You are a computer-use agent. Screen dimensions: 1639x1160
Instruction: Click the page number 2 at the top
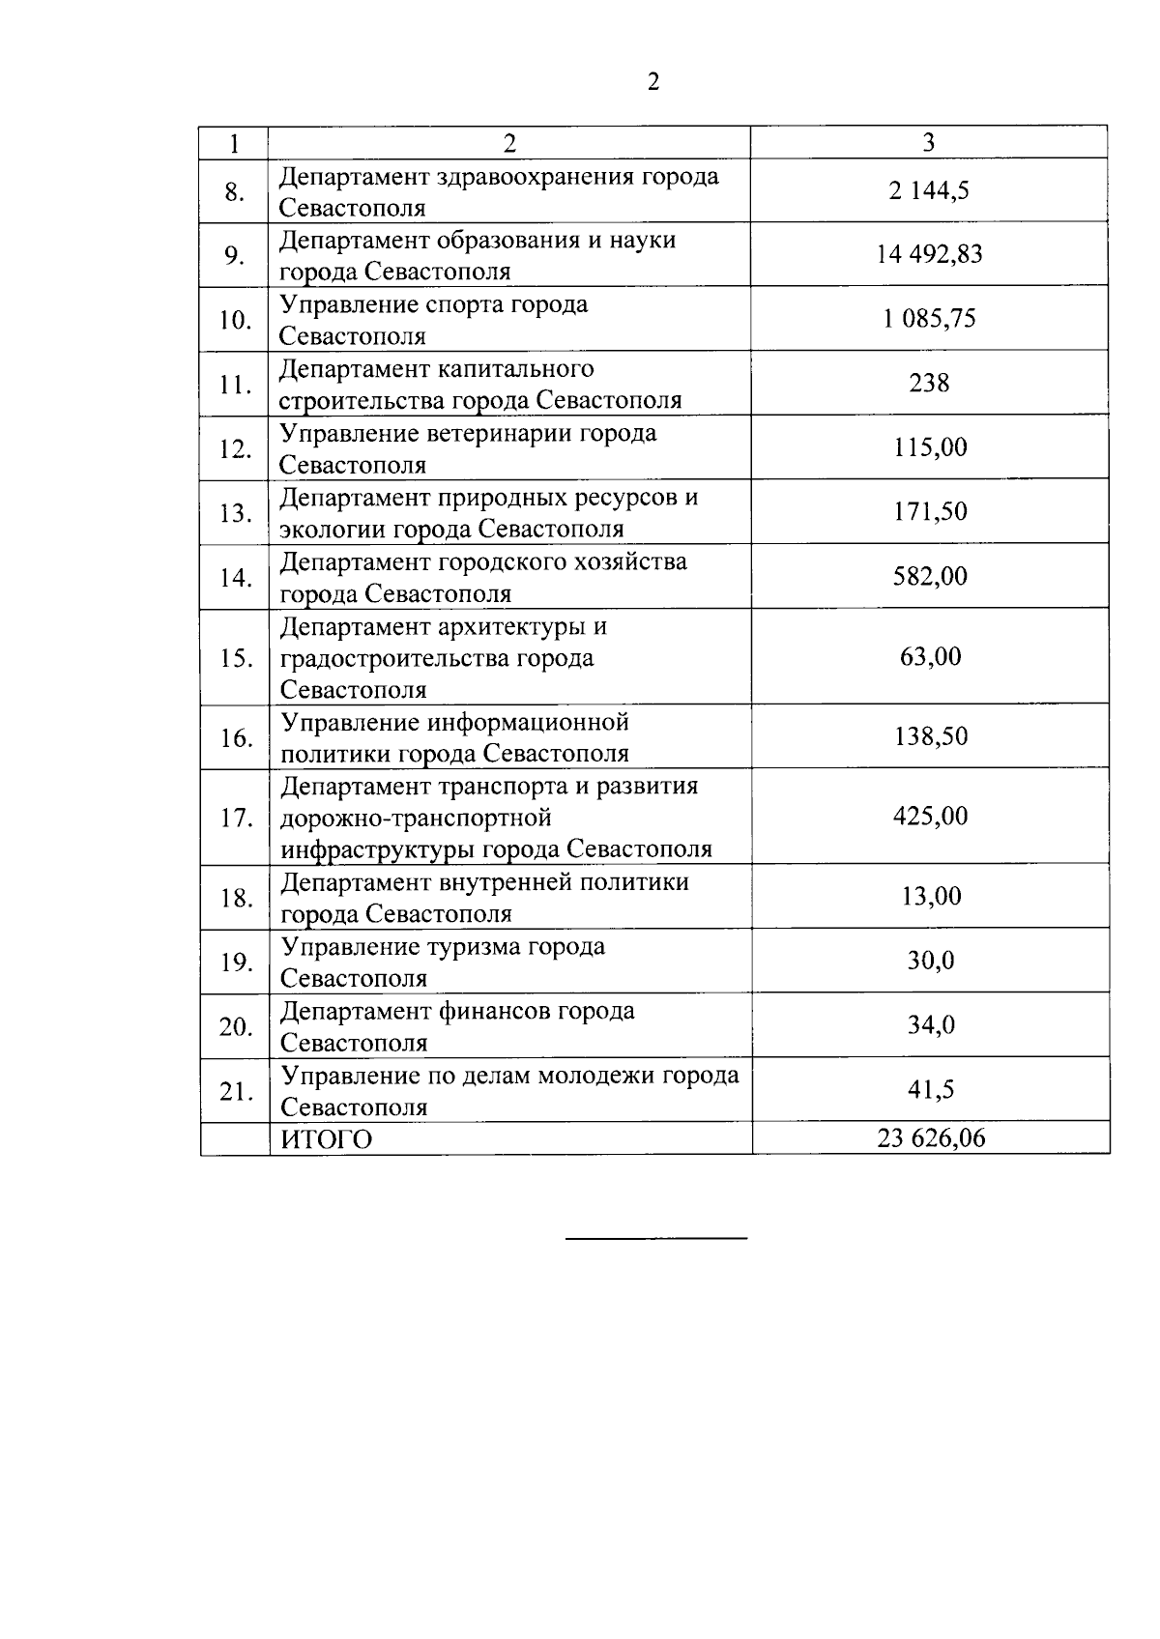coord(653,82)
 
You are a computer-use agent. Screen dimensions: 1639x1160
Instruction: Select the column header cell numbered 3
coord(928,143)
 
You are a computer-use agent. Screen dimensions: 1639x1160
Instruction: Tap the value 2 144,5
coord(929,190)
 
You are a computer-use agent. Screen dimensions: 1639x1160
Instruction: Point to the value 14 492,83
coord(929,254)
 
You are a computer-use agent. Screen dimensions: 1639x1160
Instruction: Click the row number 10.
coord(235,320)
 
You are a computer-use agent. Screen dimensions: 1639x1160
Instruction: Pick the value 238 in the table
coord(929,383)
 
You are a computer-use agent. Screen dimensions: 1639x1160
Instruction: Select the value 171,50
coord(930,511)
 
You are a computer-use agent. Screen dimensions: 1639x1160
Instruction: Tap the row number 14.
coord(235,578)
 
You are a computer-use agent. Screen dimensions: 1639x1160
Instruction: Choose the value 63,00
coord(930,656)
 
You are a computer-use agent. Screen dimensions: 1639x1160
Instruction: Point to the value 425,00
coord(930,817)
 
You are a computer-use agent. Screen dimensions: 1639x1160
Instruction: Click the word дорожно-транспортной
coord(416,819)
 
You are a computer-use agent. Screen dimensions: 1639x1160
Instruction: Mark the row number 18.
coord(235,899)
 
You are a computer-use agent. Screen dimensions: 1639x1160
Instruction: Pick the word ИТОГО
coord(326,1140)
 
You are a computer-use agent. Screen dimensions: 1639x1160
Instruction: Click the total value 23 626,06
coord(931,1138)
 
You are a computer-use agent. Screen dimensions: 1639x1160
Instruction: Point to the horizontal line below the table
coord(655,1238)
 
